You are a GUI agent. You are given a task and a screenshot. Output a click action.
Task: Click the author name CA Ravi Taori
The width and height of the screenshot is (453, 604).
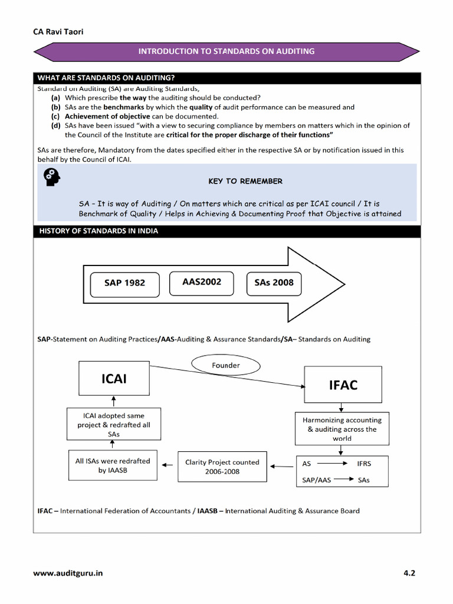click(x=58, y=31)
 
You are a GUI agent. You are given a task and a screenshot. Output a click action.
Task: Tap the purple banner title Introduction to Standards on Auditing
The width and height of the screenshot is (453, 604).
click(x=226, y=51)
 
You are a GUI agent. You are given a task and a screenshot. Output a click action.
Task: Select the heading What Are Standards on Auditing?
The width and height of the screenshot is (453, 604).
click(x=106, y=77)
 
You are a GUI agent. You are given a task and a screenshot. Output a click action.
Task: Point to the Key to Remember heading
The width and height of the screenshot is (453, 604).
click(x=245, y=181)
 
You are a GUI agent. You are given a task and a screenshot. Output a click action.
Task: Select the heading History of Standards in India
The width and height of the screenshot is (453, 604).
click(x=99, y=231)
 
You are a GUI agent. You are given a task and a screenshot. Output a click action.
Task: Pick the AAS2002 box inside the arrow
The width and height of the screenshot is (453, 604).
click(x=202, y=281)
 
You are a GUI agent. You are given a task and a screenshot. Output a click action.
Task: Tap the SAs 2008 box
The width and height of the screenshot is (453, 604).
click(x=274, y=282)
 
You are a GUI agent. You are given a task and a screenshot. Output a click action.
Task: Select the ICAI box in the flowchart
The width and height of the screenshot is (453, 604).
click(x=114, y=378)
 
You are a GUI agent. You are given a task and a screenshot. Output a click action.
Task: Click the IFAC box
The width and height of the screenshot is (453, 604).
click(x=343, y=385)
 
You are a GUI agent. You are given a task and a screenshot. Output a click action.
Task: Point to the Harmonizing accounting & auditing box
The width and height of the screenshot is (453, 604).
click(x=342, y=429)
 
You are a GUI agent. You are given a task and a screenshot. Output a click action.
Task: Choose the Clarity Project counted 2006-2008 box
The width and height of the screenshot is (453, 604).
click(x=222, y=467)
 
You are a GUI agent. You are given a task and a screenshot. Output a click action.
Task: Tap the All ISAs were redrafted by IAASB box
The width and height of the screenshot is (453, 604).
click(x=113, y=465)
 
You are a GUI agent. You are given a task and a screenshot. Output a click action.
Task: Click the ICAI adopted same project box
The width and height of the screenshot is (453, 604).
click(x=114, y=425)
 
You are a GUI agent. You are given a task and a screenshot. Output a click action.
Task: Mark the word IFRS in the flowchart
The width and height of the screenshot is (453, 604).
click(x=364, y=464)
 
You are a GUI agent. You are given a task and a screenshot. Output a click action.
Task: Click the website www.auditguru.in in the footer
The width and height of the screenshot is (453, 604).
click(x=71, y=573)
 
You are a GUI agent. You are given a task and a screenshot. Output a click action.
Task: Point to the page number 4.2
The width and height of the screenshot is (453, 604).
click(x=409, y=573)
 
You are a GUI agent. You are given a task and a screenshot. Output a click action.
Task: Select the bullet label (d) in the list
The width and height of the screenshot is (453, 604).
click(x=55, y=126)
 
